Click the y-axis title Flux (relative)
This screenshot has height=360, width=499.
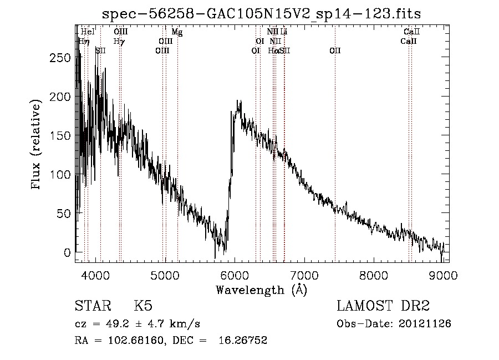pyautogui.click(x=37, y=145)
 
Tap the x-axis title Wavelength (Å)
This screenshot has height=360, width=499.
pyautogui.click(x=261, y=290)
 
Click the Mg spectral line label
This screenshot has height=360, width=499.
pyautogui.click(x=177, y=32)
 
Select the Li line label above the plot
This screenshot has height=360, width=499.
pyautogui.click(x=283, y=32)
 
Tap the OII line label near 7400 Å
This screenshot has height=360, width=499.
pyautogui.click(x=335, y=50)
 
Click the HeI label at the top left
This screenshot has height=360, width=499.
pyautogui.click(x=88, y=32)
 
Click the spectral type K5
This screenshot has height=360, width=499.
pyautogui.click(x=143, y=306)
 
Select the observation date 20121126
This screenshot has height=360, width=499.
pyautogui.click(x=427, y=323)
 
